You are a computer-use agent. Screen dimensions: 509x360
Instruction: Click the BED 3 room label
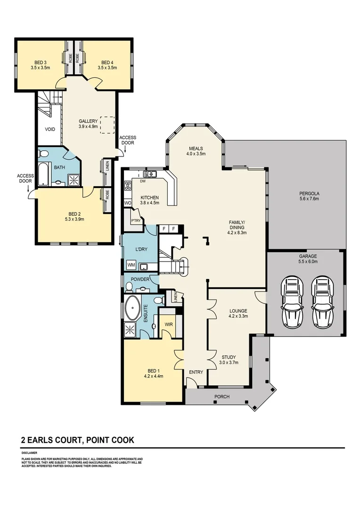pos(40,65)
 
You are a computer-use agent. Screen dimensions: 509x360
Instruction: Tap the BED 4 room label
pos(107,65)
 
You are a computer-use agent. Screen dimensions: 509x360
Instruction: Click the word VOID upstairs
pos(50,129)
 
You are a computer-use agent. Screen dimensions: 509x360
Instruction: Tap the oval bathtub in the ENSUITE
pos(132,310)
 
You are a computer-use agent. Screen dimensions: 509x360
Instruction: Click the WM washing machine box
pos(131,266)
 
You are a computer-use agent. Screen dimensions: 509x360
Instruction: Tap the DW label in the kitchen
pos(141,181)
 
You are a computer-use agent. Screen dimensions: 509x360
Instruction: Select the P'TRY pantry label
pos(136,220)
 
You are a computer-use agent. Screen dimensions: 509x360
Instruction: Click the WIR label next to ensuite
pos(168,324)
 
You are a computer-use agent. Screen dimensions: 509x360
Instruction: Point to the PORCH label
pos(221,397)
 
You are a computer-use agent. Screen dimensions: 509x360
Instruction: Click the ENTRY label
pos(196,372)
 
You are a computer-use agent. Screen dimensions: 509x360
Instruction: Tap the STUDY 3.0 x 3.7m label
pos(229,360)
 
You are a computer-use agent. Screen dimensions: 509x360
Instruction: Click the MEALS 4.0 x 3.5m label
pos(196,150)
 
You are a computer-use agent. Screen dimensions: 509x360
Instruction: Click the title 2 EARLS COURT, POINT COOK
pos(78,440)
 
